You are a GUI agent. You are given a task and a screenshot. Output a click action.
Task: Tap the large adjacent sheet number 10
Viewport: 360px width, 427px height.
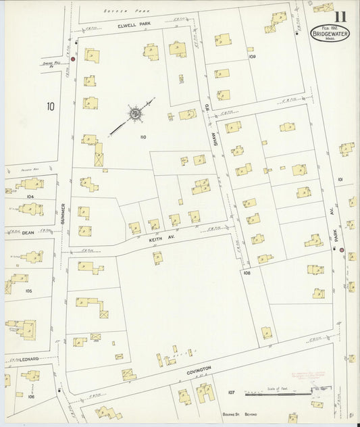click(x=51, y=106)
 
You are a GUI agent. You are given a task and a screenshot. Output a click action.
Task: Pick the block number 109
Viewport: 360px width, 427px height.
click(x=252, y=57)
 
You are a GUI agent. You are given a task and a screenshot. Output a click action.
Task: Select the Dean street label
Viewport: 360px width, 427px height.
click(x=28, y=232)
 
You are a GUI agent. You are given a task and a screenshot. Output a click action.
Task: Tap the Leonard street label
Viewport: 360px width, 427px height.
click(x=27, y=359)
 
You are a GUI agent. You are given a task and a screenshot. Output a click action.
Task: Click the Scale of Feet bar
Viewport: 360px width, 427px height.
click(x=270, y=391)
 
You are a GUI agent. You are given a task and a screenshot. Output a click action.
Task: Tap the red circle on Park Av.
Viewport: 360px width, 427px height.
click(x=342, y=250)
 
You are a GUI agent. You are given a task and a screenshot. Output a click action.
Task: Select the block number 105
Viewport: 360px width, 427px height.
click(x=28, y=291)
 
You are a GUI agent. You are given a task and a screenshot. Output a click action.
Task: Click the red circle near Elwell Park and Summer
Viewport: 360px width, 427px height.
click(x=73, y=59)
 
